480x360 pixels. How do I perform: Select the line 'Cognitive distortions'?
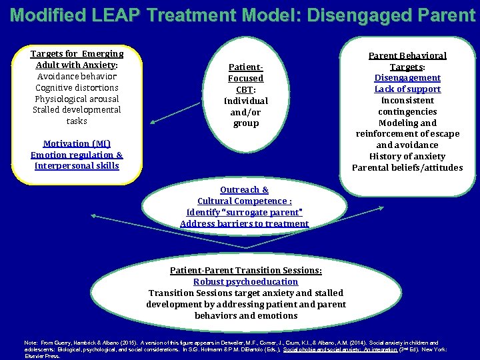point(77,87)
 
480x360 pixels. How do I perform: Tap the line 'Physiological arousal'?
point(77,99)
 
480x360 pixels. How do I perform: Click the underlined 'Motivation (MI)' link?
point(77,143)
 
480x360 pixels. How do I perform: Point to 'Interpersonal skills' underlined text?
point(77,166)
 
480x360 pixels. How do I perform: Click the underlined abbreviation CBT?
point(245,89)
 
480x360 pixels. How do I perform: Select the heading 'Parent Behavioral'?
point(407,55)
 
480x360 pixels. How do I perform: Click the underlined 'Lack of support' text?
point(407,89)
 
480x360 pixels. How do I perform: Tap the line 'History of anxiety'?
point(407,156)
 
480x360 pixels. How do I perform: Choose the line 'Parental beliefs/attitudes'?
point(407,167)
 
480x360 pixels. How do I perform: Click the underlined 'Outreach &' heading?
point(244,190)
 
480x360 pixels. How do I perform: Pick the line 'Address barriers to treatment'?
point(244,223)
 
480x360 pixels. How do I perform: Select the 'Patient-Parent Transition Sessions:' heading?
point(245,270)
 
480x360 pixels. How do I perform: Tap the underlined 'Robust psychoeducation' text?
point(245,281)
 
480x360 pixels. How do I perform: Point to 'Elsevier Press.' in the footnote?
point(41,355)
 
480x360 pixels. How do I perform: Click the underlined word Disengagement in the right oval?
point(407,77)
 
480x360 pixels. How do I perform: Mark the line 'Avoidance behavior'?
point(77,76)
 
